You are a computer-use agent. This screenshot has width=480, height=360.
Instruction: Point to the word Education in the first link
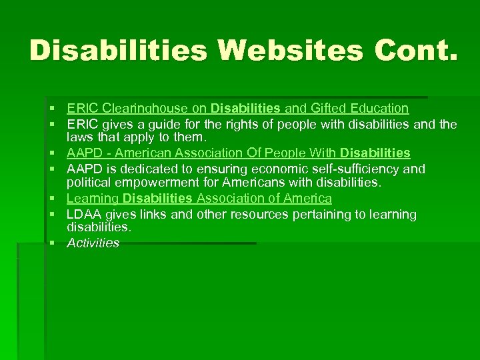coord(378,108)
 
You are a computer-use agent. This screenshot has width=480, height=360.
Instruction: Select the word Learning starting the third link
coord(92,199)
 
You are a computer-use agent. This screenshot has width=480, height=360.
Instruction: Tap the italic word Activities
coord(93,243)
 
